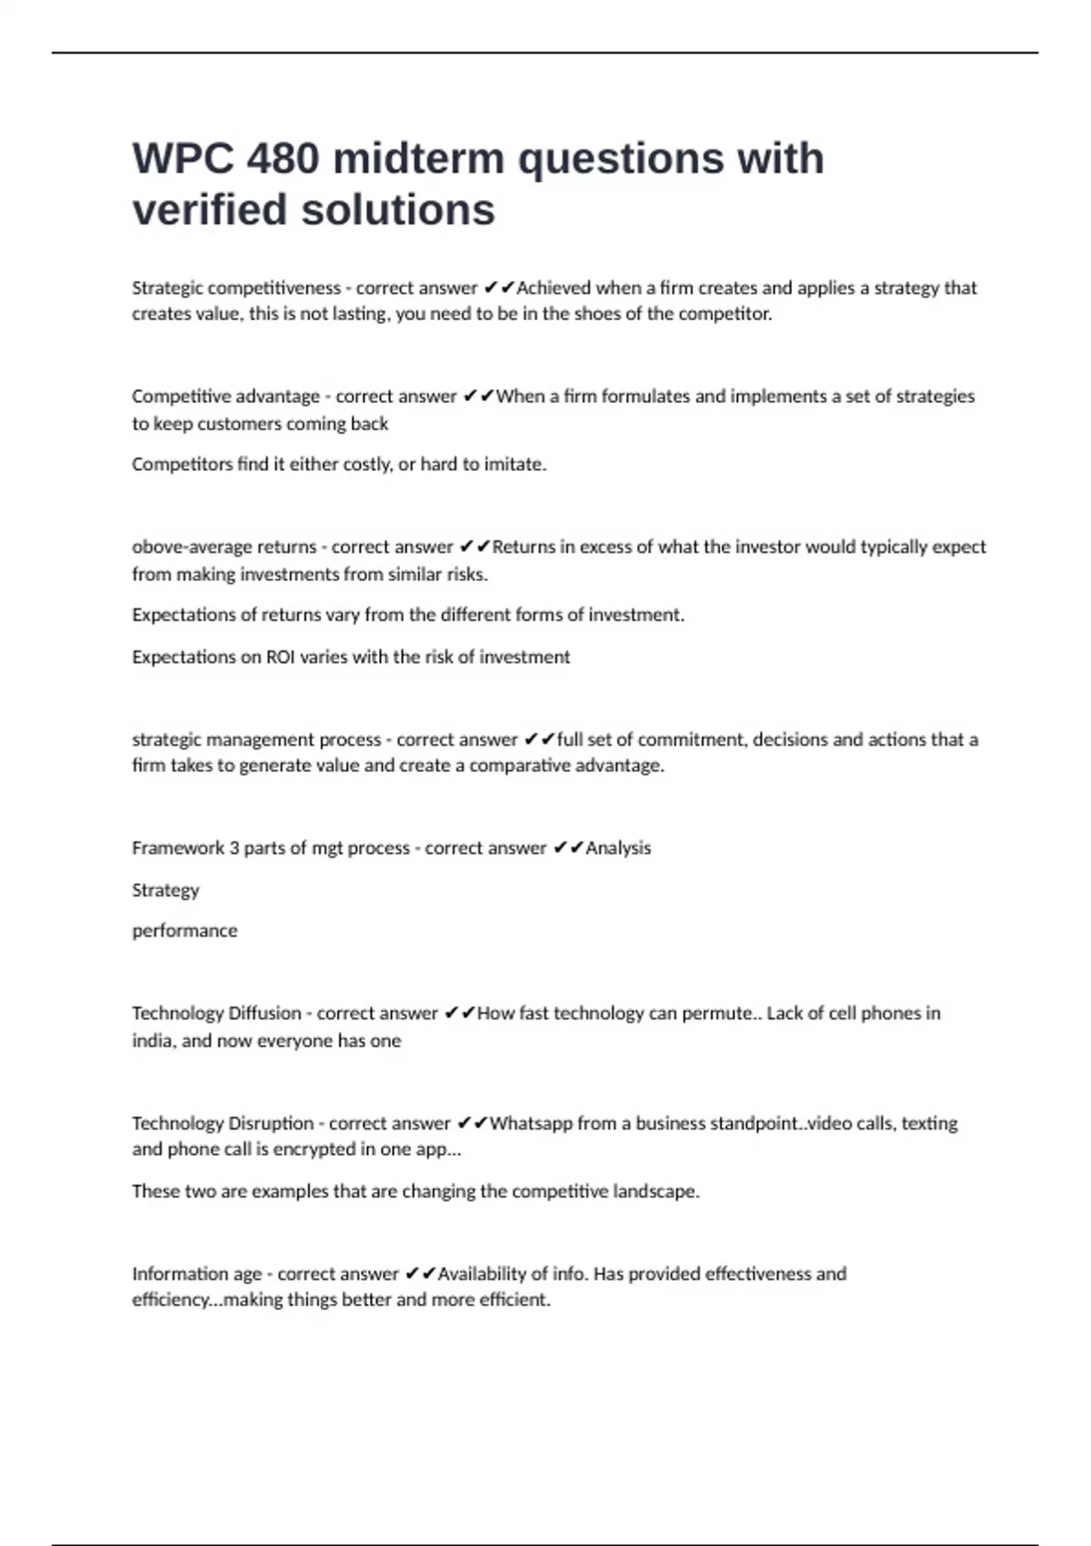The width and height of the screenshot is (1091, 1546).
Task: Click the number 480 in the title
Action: tap(283, 158)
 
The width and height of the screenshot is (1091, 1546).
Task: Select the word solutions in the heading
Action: tap(398, 210)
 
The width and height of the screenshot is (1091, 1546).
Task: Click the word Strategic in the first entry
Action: tap(167, 288)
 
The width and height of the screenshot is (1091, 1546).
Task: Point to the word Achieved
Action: tap(554, 288)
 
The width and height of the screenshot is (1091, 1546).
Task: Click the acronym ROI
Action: tap(280, 658)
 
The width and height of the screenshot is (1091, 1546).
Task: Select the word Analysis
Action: tap(618, 848)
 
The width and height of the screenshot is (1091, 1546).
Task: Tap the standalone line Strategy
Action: tap(165, 890)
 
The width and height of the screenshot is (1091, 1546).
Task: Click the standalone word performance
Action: tap(185, 931)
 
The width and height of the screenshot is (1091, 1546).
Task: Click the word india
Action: tap(151, 1041)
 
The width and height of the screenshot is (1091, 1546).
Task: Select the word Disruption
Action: tap(271, 1124)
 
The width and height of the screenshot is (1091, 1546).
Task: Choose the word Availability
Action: tap(483, 1274)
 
